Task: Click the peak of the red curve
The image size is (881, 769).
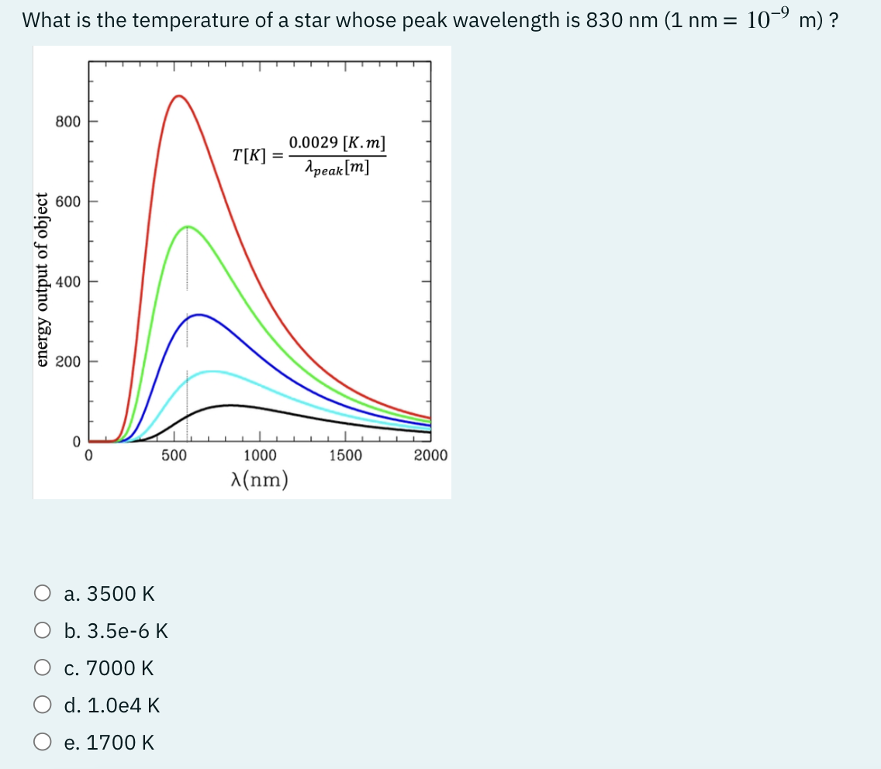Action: point(179,95)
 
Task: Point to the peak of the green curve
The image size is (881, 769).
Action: point(187,226)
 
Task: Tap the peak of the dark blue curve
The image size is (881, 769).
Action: point(200,315)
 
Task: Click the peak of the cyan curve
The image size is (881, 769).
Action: point(211,371)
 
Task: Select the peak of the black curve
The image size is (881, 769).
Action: point(230,405)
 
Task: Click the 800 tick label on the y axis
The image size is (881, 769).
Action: point(67,122)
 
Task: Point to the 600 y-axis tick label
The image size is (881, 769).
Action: point(67,202)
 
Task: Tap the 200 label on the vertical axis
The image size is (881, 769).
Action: point(67,361)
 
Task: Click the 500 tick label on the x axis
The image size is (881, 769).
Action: point(174,455)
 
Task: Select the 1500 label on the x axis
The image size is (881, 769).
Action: point(345,455)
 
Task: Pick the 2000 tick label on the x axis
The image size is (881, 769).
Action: point(430,455)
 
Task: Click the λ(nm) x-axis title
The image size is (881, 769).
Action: point(259,481)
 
